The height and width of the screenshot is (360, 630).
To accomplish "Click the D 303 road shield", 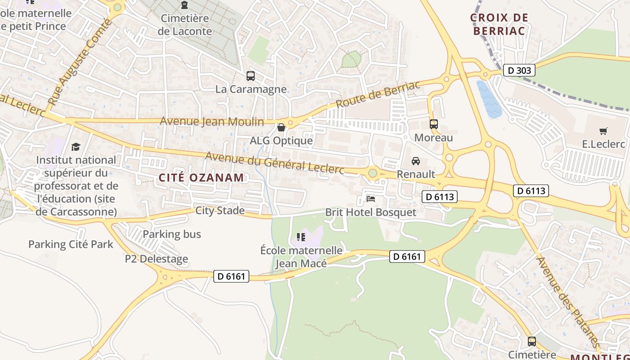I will click(519, 70).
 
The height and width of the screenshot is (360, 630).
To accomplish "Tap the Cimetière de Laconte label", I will click(184, 25).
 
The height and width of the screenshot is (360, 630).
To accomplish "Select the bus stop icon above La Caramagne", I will click(251, 76).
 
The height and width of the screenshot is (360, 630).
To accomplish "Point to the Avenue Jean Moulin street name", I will click(212, 121).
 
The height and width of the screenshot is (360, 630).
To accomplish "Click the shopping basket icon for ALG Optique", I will click(281, 128).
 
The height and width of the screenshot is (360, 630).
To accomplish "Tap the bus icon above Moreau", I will click(434, 124).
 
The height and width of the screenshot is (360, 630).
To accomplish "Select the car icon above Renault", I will click(416, 161).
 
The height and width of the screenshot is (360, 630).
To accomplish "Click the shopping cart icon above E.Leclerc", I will click(603, 131).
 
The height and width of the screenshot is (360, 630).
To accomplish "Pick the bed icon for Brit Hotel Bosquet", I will click(371, 198).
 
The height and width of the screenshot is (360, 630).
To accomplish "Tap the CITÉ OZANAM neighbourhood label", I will click(202, 177).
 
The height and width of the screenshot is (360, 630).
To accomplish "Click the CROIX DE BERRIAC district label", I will click(499, 24).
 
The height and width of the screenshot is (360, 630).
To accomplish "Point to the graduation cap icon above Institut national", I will click(76, 147).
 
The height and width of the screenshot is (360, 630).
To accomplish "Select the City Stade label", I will click(220, 210).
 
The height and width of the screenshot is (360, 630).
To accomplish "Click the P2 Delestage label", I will click(157, 259).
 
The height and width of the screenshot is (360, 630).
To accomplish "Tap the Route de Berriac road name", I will click(378, 94).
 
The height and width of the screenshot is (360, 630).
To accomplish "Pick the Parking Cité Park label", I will click(71, 244).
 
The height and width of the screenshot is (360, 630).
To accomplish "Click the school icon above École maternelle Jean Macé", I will click(301, 237).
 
